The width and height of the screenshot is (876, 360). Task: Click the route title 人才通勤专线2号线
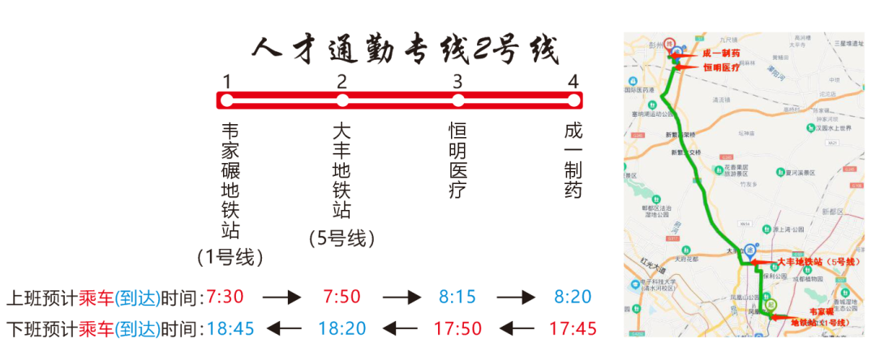[406, 50]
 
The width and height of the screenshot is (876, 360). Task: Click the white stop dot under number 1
[227, 101]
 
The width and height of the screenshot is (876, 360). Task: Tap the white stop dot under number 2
[342, 101]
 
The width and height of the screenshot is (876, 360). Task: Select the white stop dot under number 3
[458, 101]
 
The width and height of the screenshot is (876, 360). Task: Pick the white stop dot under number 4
[573, 101]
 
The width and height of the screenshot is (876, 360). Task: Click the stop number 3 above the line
[457, 81]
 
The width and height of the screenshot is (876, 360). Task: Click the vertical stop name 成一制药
[573, 161]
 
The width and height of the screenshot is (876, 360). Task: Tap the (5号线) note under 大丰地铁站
[342, 238]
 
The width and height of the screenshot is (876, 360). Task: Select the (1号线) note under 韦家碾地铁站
[230, 258]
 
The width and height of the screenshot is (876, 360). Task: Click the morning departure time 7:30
[225, 297]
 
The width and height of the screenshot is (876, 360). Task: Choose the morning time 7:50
[341, 297]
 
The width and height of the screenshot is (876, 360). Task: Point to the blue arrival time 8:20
[573, 297]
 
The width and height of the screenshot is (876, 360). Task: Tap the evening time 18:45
[230, 328]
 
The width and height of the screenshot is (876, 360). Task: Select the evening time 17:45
[573, 328]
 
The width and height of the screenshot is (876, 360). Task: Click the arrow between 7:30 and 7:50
[281, 298]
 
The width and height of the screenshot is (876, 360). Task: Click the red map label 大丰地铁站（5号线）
[816, 262]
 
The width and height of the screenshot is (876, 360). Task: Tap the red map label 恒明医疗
[721, 68]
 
